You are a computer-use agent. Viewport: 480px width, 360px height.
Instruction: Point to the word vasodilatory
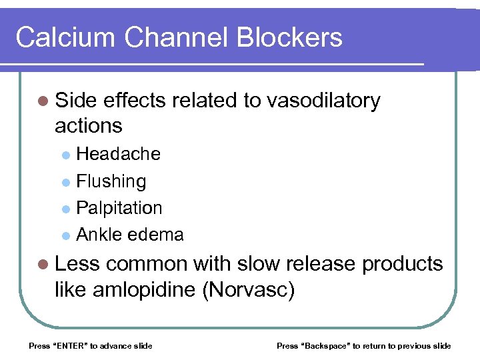point(323,101)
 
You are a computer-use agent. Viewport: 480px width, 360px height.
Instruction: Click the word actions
point(89,125)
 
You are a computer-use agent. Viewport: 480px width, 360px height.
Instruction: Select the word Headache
point(119,154)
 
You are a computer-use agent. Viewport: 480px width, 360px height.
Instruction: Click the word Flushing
point(111,181)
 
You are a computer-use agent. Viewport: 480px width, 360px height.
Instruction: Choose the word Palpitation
point(119,208)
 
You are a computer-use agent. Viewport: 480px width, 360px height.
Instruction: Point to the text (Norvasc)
point(249,291)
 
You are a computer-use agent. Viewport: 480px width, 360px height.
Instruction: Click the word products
point(402,264)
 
